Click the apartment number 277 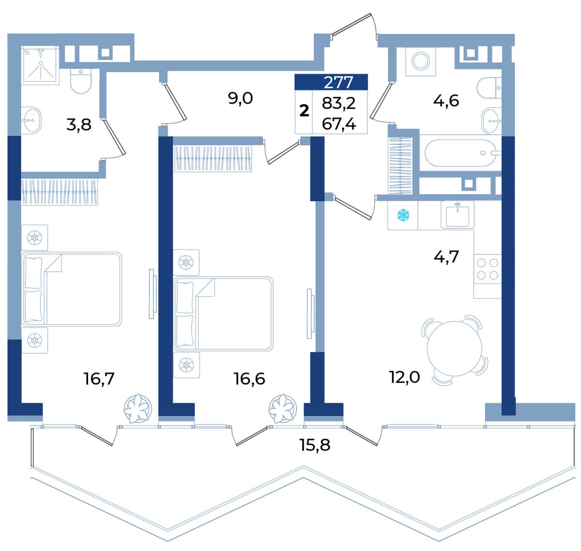point(338,82)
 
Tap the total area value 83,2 point(338,104)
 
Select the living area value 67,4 point(338,124)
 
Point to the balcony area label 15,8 point(315,445)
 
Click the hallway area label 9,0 point(240,98)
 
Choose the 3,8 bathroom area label point(78,125)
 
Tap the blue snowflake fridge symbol point(403,215)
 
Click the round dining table point(455,349)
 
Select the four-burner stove point(488,269)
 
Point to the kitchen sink point(458,215)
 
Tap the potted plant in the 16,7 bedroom point(138,409)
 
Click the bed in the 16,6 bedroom point(223,314)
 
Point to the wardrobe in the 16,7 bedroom point(60,192)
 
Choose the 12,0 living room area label point(405,378)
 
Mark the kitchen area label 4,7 point(446,256)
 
